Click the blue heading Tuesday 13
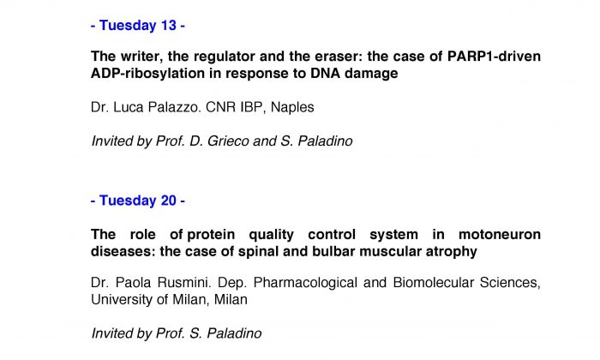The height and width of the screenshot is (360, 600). pos(138,25)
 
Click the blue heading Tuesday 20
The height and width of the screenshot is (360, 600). pos(138,201)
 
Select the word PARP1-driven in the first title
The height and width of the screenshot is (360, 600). pos(494,57)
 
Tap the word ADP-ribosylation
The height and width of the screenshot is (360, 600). pos(147,74)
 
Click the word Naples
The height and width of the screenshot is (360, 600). pos(292,107)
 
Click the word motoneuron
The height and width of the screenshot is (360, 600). pos(500,234)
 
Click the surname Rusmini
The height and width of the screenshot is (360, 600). pos(184,283)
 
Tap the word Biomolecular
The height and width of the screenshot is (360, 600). pos(434,283)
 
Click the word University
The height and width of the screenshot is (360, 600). pos(122,299)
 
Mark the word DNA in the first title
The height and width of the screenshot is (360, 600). pos(325,74)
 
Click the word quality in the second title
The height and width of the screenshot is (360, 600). pos(272,235)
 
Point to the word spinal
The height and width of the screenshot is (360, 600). pos(258,252)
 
